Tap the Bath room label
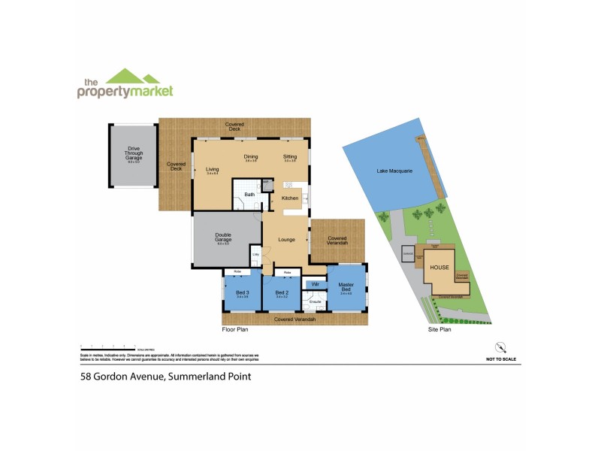[249, 195]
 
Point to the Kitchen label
[290, 198]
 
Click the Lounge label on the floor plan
[285, 240]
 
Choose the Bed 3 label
[242, 292]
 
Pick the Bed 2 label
[282, 292]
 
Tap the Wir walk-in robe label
[316, 284]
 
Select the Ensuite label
[316, 302]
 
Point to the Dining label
[251, 157]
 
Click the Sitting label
[290, 157]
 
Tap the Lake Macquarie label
[394, 171]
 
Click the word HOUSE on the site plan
[439, 267]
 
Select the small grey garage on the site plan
[409, 255]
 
